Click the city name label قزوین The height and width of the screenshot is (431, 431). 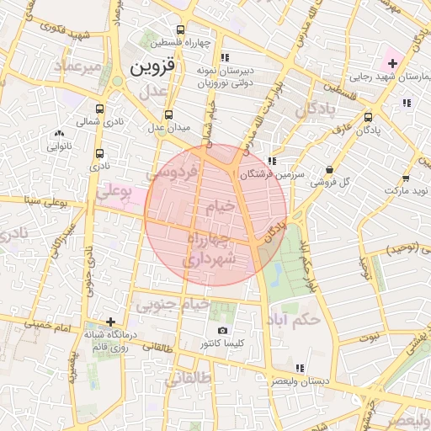(157, 67)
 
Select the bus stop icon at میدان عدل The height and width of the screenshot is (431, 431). (169, 114)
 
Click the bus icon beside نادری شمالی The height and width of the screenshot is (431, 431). (100, 109)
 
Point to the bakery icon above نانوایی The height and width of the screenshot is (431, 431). (58, 133)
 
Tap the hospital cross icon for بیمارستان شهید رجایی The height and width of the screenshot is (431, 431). (392, 63)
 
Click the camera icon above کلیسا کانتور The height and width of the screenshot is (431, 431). (222, 331)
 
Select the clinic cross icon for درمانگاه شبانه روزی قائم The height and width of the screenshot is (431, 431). (111, 321)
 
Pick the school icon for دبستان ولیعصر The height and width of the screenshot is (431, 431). (300, 369)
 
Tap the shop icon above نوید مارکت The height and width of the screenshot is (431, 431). (407, 178)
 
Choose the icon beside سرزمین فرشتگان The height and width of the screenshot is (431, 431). (271, 161)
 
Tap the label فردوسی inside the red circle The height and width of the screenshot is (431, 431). (175, 173)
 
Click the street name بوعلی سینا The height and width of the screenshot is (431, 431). (45, 200)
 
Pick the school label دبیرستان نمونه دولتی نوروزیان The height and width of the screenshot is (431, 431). (222, 77)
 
